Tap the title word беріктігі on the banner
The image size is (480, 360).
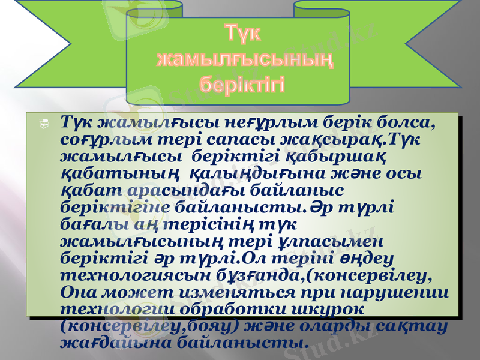point(242,82)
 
